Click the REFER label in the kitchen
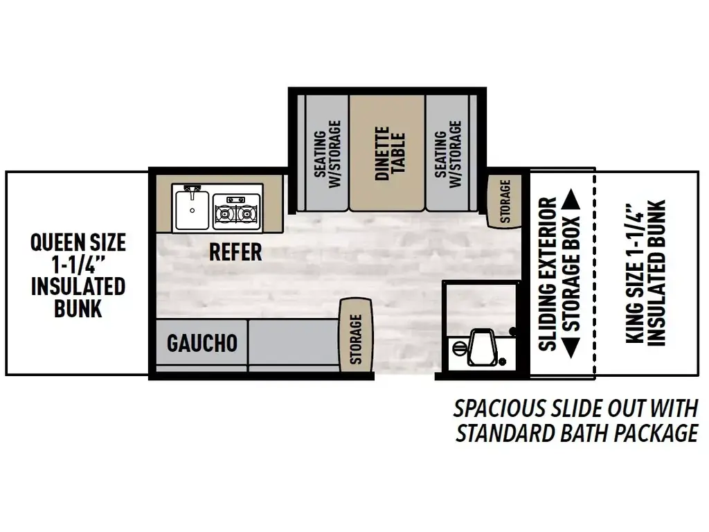point(235,252)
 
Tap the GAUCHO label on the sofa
point(202,343)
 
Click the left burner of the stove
point(224,212)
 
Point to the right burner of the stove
point(248,212)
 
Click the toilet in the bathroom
point(482,346)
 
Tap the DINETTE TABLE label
point(389,153)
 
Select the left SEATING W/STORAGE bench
point(327,153)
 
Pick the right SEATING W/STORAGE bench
point(448,153)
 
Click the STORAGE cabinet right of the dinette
point(505,201)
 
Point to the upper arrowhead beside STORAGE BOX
point(571,199)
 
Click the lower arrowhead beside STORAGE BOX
point(571,348)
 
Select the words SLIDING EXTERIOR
point(548,274)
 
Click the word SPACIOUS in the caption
point(500,409)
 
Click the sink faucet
point(192,191)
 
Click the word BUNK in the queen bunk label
point(78,308)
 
